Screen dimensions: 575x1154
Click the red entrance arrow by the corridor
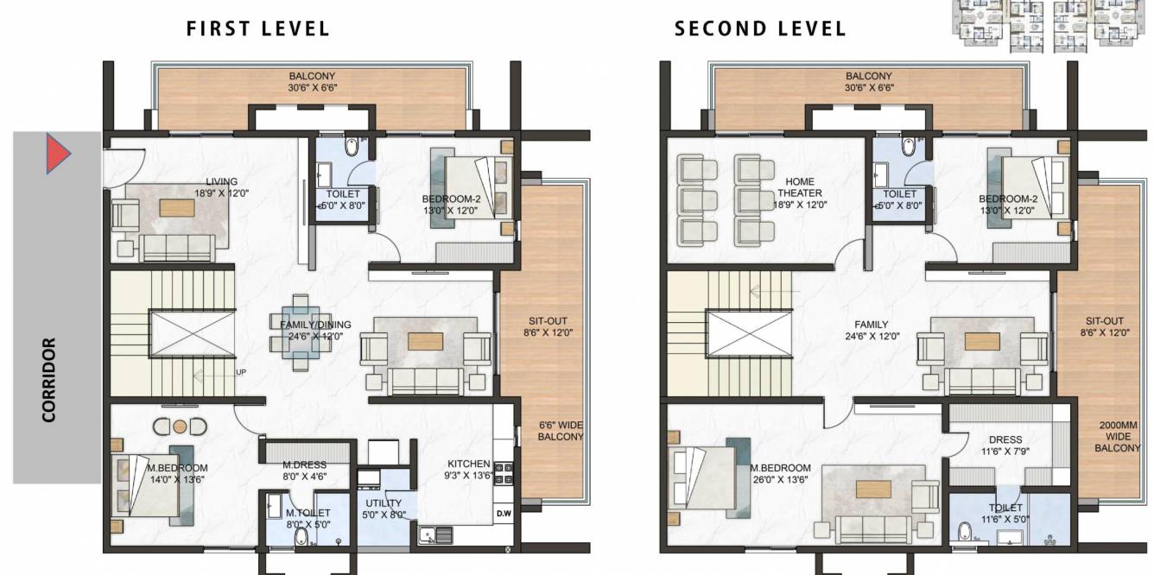58,154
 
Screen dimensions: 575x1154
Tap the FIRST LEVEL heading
258,28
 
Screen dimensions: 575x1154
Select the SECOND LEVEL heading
760,28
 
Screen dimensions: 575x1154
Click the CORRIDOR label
48,380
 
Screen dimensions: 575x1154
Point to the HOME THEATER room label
799,187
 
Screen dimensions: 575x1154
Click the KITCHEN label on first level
468,464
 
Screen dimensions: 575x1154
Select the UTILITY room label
384,503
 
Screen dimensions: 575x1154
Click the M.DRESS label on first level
304,464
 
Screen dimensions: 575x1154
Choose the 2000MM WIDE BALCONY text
1118,437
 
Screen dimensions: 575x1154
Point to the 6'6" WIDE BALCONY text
561,431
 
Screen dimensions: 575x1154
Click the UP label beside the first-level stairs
242,373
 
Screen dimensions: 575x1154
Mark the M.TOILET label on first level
308,513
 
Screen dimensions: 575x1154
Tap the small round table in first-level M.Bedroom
180,427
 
